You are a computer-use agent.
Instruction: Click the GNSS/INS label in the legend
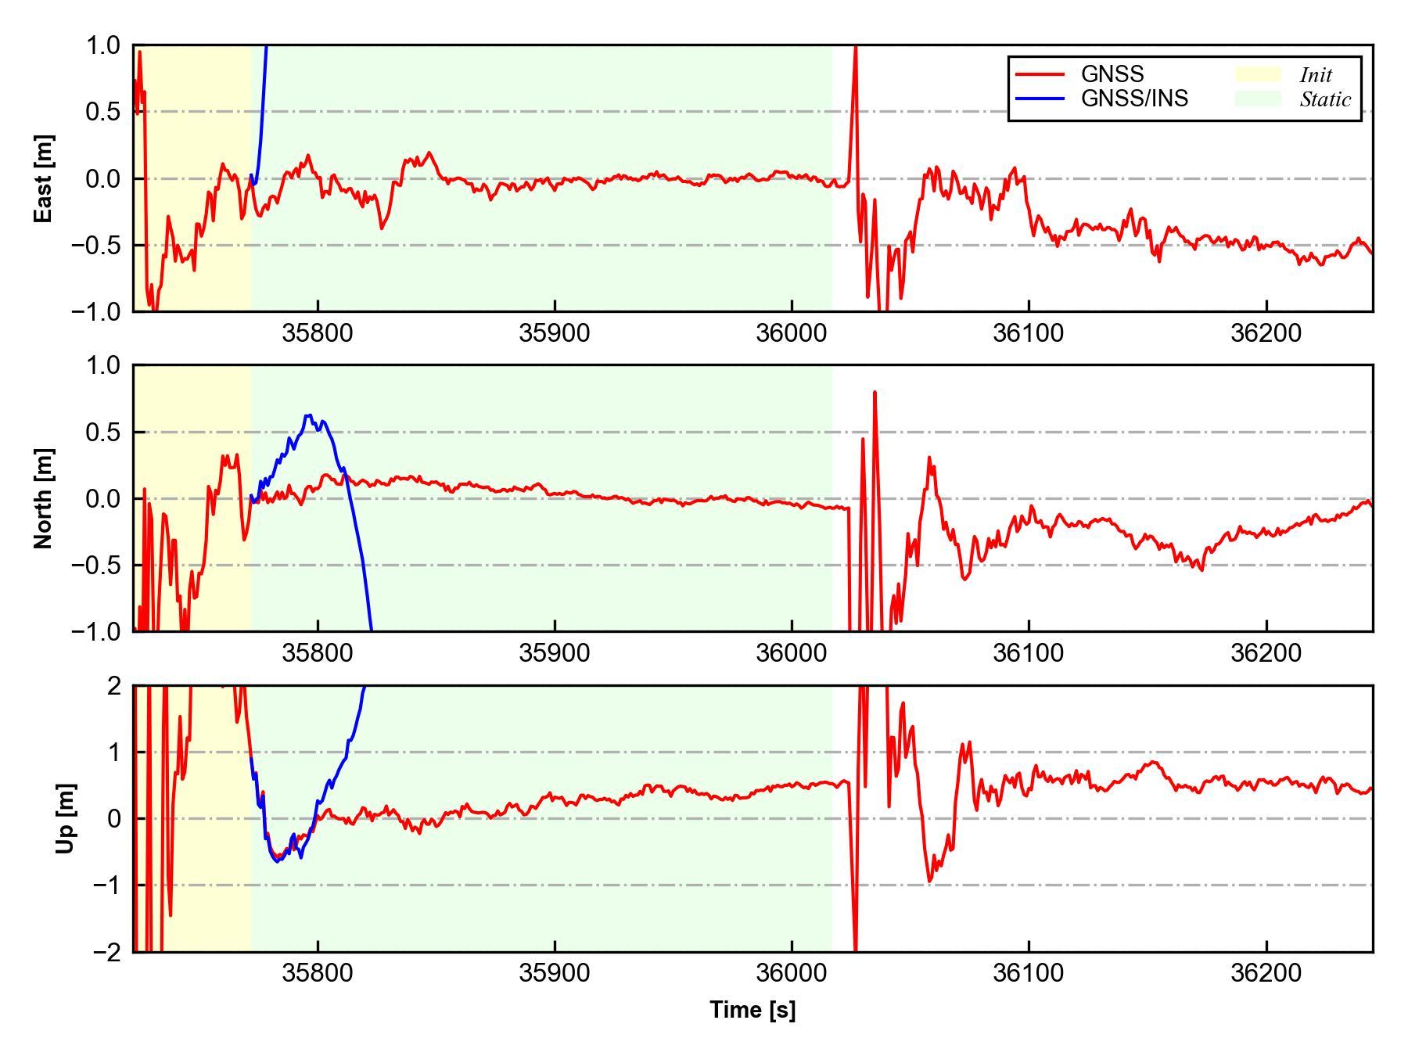[1134, 99]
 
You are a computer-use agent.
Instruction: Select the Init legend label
[1316, 75]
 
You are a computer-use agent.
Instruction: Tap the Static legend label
[1325, 99]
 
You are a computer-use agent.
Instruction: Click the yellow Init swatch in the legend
[1258, 74]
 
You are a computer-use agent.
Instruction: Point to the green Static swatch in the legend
[1258, 99]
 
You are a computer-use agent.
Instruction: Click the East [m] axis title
[44, 178]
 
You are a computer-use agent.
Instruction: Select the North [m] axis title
[44, 498]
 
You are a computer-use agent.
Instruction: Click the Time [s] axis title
[752, 1010]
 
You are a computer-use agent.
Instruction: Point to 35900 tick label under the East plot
[555, 333]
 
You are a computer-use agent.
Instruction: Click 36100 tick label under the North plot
[1028, 653]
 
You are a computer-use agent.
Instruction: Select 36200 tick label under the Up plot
[1266, 973]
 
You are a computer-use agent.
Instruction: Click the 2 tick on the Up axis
[114, 686]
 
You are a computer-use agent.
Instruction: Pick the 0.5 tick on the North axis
[104, 432]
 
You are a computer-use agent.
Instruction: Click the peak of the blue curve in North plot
[310, 415]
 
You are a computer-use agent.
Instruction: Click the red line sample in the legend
[1040, 74]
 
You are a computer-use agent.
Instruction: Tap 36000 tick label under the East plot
[792, 333]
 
